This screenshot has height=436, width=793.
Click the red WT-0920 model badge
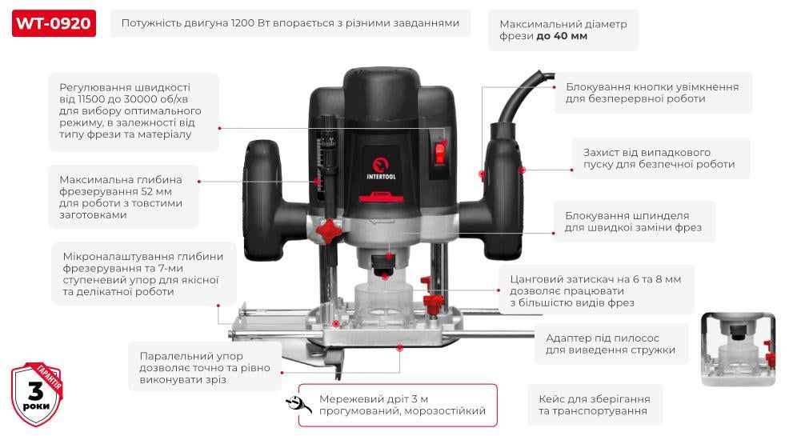54,23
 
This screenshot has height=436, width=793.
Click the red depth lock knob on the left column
327,230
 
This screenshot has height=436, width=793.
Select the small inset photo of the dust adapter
738,350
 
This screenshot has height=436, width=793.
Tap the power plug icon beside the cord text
298,405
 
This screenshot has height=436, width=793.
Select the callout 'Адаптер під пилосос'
610,343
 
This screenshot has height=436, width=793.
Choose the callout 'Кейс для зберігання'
594,404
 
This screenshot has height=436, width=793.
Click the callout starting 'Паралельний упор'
204,367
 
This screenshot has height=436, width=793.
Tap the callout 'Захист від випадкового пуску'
659,158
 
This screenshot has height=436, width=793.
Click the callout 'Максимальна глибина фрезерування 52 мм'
122,197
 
